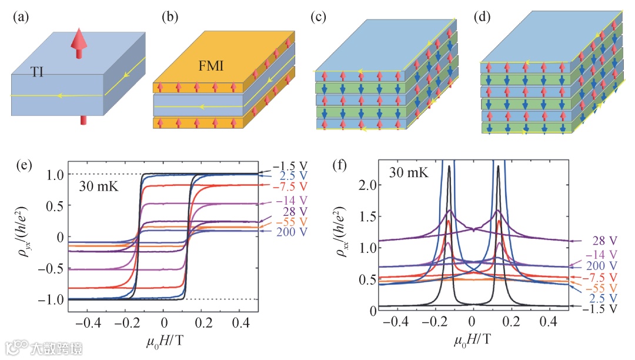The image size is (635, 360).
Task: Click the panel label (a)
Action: tap(20, 17)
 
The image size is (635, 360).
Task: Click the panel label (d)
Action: tap(482, 17)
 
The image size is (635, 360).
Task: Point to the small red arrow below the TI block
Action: tap(83, 120)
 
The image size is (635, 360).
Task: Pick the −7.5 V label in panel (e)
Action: tap(291, 186)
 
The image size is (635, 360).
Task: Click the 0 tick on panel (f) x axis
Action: tap(472, 323)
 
